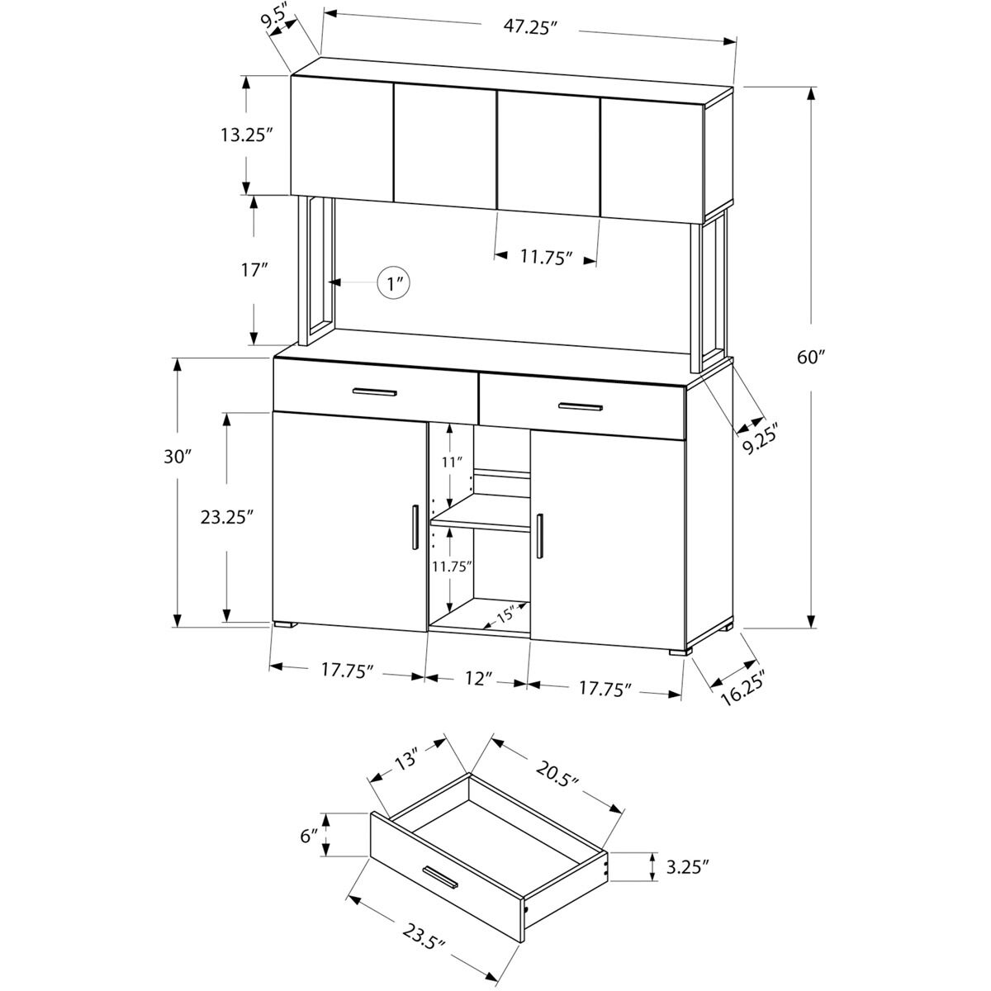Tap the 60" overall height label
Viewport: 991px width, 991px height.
pyautogui.click(x=812, y=358)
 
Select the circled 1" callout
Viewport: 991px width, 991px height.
pyautogui.click(x=394, y=283)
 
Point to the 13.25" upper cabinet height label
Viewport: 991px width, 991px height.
pyautogui.click(x=246, y=135)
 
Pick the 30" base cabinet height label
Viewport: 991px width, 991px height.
pyautogui.click(x=177, y=456)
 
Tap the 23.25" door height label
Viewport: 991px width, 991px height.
pyautogui.click(x=226, y=516)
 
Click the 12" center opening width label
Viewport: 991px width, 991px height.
pyautogui.click(x=479, y=679)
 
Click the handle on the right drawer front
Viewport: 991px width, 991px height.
pyautogui.click(x=581, y=406)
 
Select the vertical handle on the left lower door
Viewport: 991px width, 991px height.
pyautogui.click(x=412, y=526)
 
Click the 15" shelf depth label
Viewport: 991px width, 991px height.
pyautogui.click(x=505, y=614)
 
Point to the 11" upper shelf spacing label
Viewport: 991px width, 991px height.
pyautogui.click(x=450, y=462)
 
